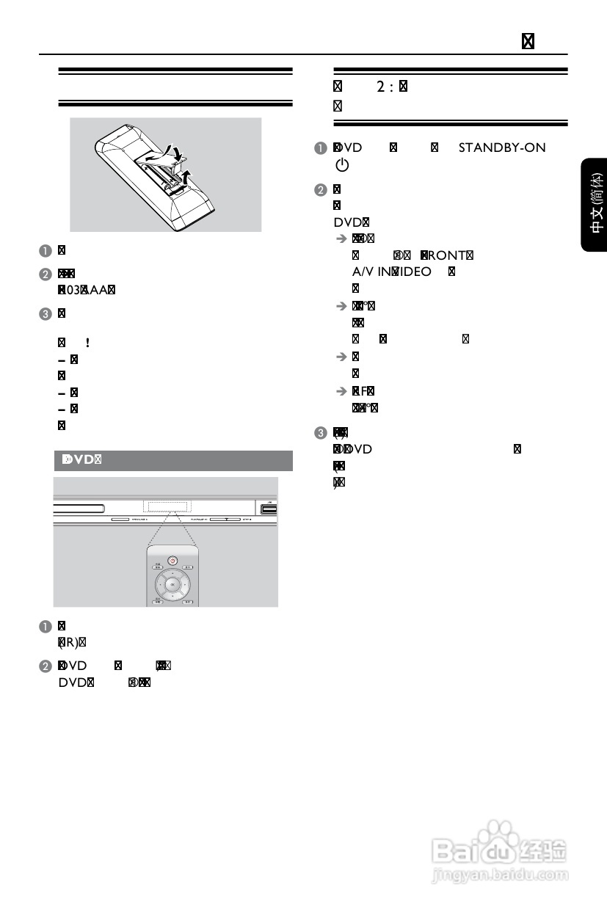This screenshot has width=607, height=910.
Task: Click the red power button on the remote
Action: point(172,560)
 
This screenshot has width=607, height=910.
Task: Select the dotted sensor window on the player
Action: point(167,506)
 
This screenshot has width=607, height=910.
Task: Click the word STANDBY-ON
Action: point(502,148)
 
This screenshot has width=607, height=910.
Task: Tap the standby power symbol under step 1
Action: point(341,166)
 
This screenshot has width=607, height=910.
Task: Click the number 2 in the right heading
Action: point(381,87)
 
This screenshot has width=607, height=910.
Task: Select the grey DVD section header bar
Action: point(174,460)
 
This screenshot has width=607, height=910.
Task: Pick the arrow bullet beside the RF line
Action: point(341,390)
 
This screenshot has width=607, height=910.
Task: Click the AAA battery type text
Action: point(96,288)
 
